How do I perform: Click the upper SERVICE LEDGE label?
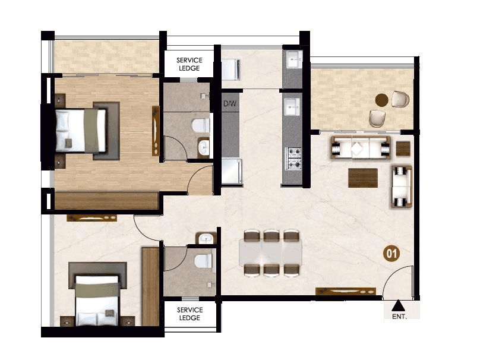pos(190,64)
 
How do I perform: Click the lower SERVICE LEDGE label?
pos(190,314)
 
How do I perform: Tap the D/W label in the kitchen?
pos(230,105)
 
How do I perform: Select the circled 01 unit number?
pos(392,254)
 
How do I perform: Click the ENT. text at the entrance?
pos(399,317)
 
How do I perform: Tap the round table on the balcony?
pos(383,100)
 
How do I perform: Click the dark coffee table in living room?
pos(363,176)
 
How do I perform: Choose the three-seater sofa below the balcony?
pos(361,148)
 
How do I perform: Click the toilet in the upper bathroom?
pos(200,125)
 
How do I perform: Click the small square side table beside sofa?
pos(403,149)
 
